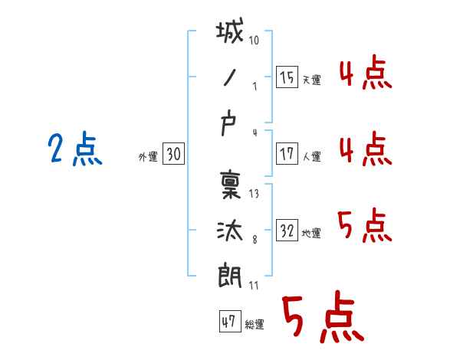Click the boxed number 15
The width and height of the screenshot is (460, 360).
pyautogui.click(x=287, y=77)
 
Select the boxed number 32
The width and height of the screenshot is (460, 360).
pyautogui.click(x=287, y=231)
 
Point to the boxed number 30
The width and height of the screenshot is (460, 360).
pyautogui.click(x=173, y=154)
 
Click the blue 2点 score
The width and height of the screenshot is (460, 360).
pyautogui.click(x=75, y=149)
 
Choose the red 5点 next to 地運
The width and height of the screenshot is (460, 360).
pyautogui.click(x=364, y=226)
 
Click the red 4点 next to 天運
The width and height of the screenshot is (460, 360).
pyautogui.click(x=365, y=74)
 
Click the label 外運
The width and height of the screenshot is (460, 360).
pyautogui.click(x=147, y=157)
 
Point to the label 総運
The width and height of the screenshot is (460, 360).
pyautogui.click(x=255, y=325)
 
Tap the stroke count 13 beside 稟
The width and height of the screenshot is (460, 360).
pyautogui.click(x=254, y=195)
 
